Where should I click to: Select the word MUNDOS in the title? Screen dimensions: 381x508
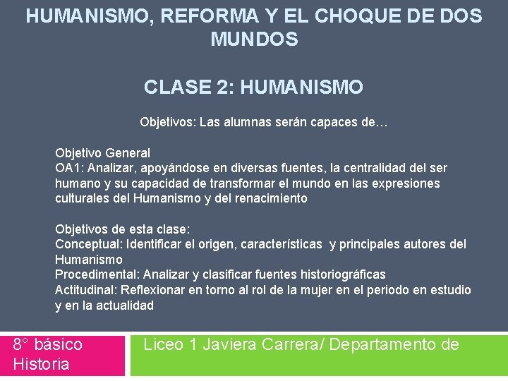(254, 40)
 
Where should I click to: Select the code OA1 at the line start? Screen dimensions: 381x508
(68, 168)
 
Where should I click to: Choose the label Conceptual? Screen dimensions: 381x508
(88, 244)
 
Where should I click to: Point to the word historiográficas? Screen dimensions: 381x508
(339, 274)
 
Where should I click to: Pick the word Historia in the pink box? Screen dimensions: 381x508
(41, 364)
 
